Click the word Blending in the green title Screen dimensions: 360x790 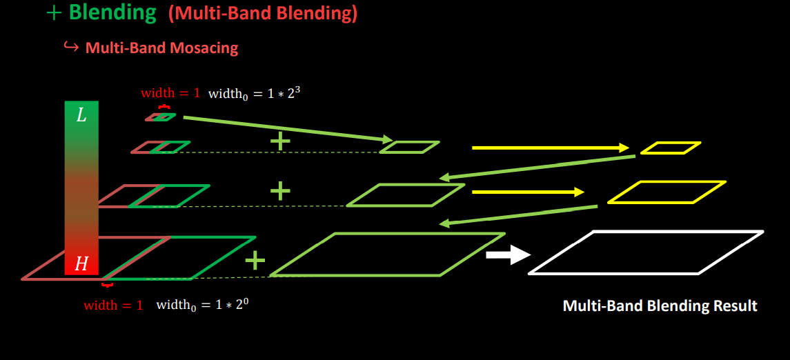[112, 13]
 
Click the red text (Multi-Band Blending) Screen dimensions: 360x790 [262, 14]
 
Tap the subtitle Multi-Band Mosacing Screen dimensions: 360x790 [161, 48]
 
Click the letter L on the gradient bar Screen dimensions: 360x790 [81, 116]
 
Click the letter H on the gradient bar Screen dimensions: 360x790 [81, 263]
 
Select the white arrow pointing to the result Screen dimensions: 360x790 [507, 255]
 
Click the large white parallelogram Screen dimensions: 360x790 [646, 252]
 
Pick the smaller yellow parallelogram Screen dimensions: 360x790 [670, 148]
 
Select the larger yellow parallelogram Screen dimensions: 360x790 [666, 192]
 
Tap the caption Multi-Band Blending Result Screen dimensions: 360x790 [660, 306]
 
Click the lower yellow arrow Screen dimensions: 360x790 [528, 192]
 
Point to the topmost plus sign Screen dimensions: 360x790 [279, 141]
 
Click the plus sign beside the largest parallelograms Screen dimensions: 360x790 [255, 260]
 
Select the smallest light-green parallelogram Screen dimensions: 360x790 [409, 147]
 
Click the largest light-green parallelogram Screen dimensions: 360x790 [386, 254]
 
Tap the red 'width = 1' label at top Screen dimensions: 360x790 [170, 93]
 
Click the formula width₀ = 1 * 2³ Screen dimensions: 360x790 [254, 92]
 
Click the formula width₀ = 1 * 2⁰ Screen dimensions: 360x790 [202, 304]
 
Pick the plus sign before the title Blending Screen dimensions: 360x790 [55, 13]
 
